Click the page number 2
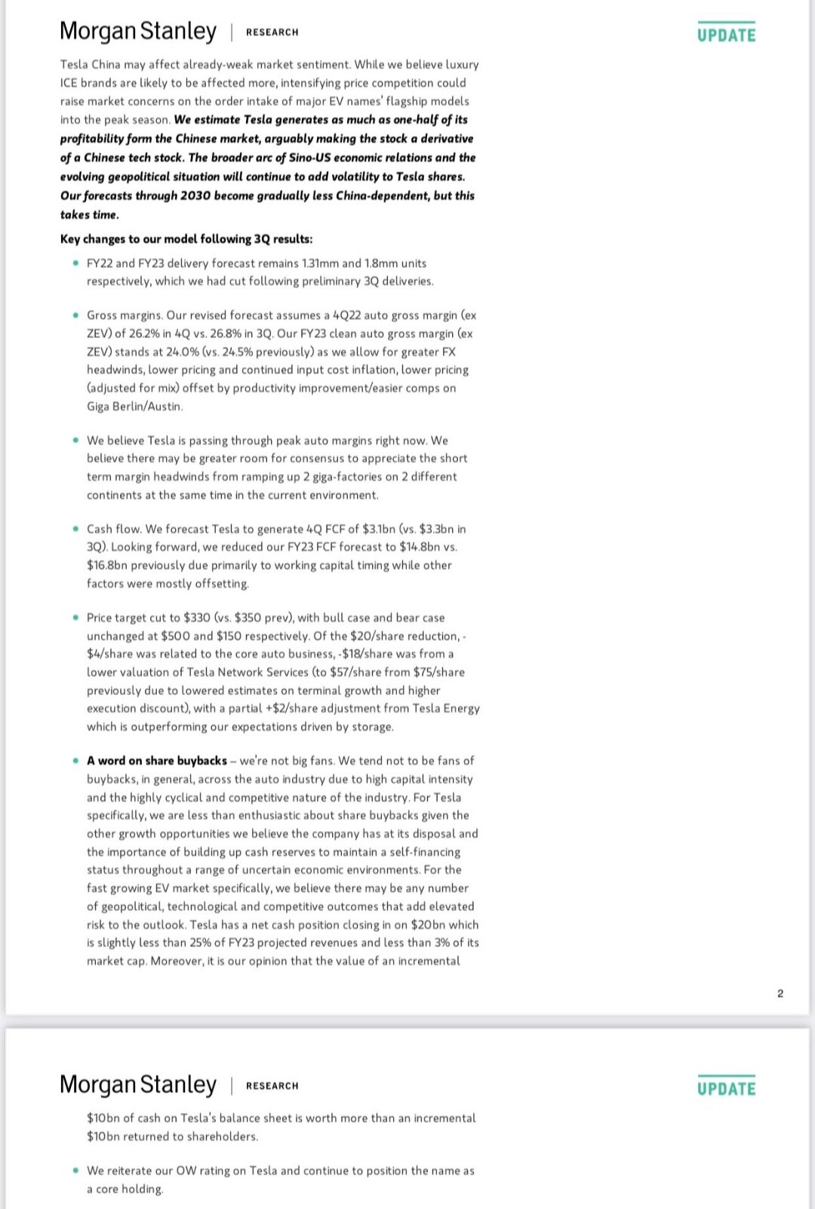tap(780, 993)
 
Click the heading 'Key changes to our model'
tap(186, 239)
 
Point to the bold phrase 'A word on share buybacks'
tap(157, 761)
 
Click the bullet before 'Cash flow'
tap(75, 529)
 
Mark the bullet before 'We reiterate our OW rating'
tap(75, 1171)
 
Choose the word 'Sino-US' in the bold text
tap(309, 158)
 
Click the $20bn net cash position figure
tap(428, 924)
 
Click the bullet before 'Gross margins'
tap(75, 315)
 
